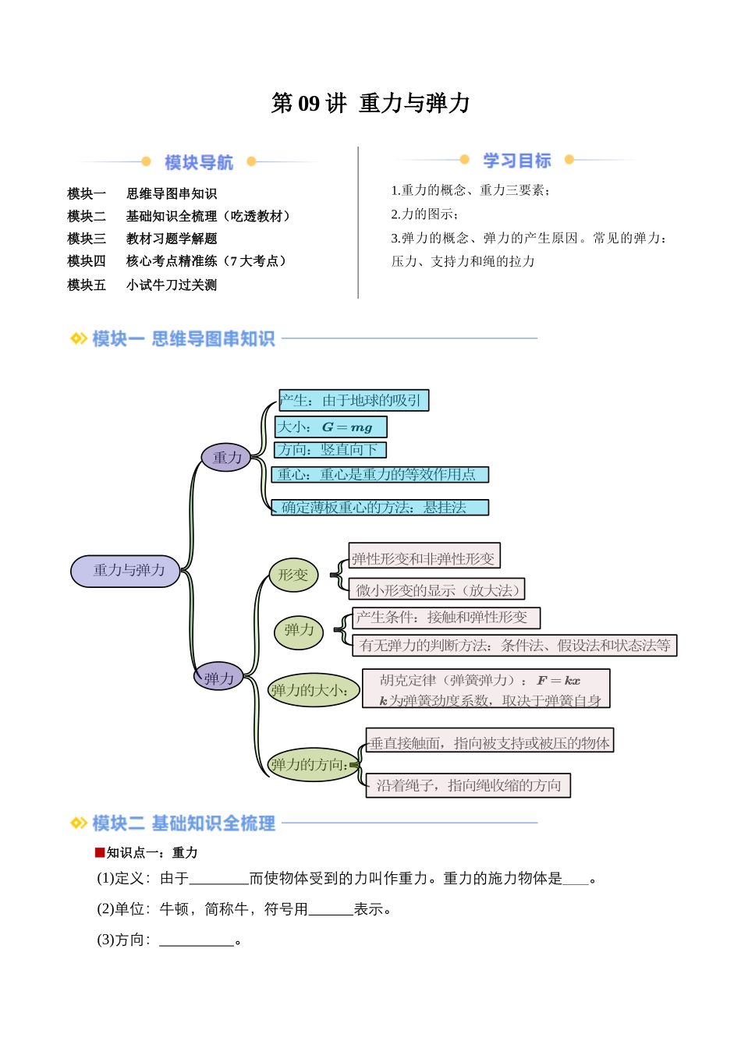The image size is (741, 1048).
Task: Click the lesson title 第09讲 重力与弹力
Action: [x=370, y=103]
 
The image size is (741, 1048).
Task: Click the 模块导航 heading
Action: [x=199, y=162]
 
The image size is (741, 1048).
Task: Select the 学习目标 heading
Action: [x=516, y=161]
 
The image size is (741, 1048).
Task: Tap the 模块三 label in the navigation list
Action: [x=87, y=239]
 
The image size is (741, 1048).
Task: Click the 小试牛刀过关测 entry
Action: [x=172, y=285]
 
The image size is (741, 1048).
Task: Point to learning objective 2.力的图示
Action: [x=425, y=214]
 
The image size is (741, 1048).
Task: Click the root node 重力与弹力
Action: [x=126, y=571]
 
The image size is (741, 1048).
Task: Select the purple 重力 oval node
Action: [x=226, y=458]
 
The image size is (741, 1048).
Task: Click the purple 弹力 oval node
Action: [x=219, y=678]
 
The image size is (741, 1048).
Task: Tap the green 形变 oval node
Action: [x=293, y=575]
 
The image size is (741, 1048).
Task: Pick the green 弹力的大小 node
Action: [x=312, y=690]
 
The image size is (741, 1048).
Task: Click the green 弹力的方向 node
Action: [x=311, y=765]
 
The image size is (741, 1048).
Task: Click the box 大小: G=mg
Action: [x=331, y=427]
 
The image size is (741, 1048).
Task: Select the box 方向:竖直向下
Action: [x=330, y=450]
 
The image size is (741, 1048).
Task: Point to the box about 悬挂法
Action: [x=380, y=508]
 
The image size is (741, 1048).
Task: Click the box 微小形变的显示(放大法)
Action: [x=437, y=589]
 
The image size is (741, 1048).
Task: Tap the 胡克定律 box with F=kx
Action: [x=485, y=689]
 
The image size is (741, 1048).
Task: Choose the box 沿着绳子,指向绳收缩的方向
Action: [x=468, y=785]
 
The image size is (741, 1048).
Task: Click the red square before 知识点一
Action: [x=100, y=852]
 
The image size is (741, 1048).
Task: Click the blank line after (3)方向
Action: [x=197, y=941]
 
